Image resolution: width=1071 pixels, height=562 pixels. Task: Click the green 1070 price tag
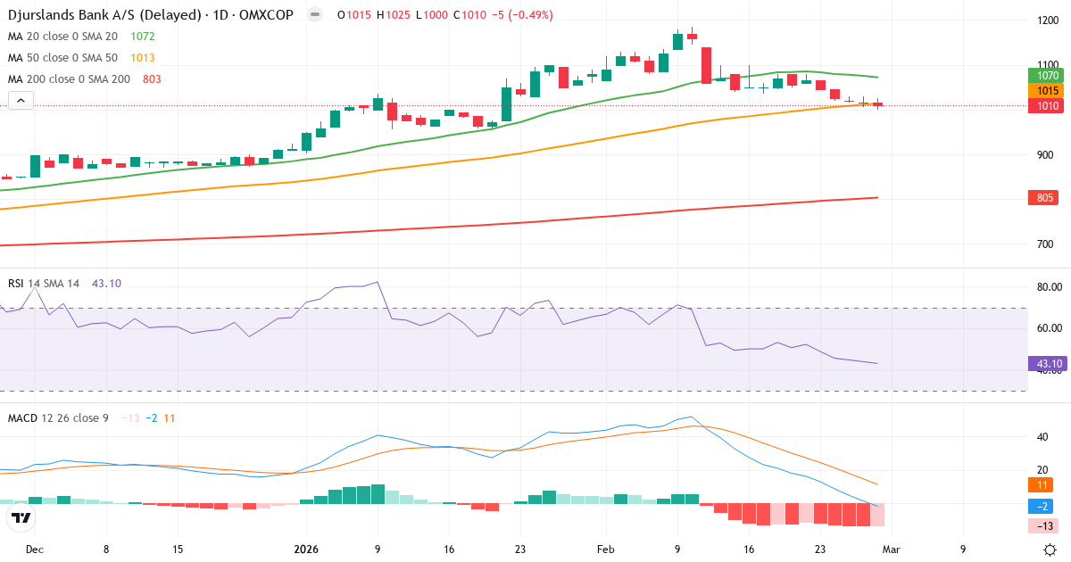tap(1048, 76)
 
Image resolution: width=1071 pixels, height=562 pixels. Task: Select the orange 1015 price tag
tap(1048, 91)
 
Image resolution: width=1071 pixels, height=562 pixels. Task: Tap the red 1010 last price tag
tap(1048, 106)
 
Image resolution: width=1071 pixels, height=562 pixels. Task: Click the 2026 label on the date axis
tap(306, 550)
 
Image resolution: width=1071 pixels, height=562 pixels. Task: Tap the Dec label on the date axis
tap(34, 550)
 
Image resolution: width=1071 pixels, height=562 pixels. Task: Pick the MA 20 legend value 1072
tap(142, 37)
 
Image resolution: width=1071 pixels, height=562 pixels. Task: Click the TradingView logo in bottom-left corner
tap(21, 517)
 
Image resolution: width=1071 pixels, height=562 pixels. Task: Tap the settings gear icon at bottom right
tap(1050, 550)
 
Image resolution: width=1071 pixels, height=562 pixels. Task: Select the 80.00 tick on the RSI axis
tap(1050, 287)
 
